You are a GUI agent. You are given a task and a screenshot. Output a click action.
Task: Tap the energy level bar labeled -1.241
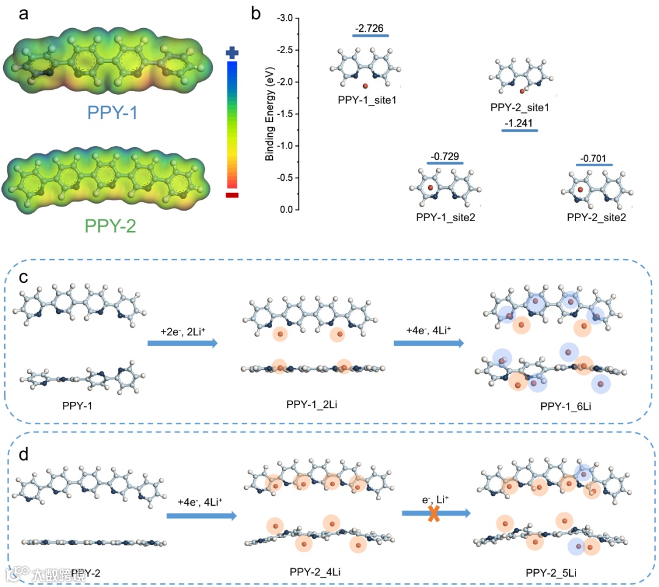(x=520, y=131)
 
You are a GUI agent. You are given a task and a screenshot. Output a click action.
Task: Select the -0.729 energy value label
(x=446, y=156)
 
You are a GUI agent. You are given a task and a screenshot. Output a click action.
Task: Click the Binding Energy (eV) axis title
(x=269, y=114)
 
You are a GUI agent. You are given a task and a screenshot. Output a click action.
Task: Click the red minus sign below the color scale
(x=232, y=195)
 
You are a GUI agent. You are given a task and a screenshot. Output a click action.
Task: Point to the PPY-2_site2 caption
(x=596, y=217)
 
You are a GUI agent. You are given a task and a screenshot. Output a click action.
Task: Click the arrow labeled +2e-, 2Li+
(x=182, y=344)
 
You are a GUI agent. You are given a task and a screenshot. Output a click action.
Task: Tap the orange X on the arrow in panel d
(x=434, y=514)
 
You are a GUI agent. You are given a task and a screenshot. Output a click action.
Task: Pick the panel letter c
(x=24, y=276)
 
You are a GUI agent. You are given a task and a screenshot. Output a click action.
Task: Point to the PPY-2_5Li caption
(x=551, y=573)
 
